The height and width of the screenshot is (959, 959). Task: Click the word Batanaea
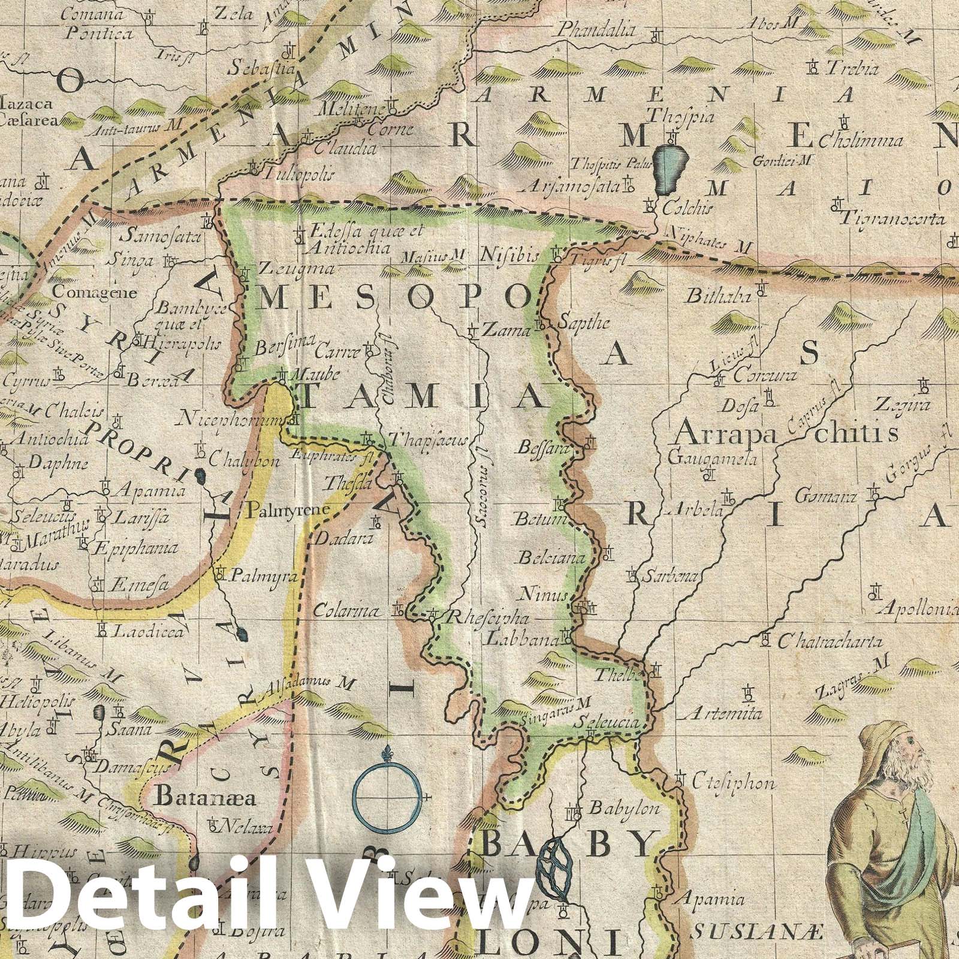(206, 798)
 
